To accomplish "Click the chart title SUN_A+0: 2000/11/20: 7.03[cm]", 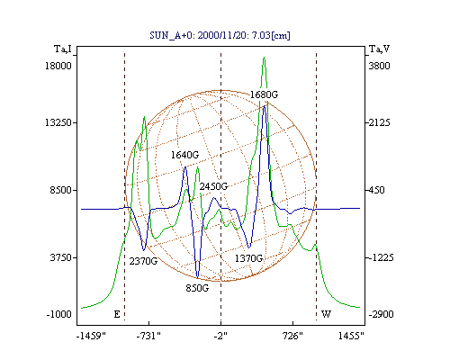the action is pyautogui.click(x=220, y=35).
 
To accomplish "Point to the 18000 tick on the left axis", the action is pyautogui.click(x=58, y=66).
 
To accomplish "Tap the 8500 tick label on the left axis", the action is pyautogui.click(x=61, y=190).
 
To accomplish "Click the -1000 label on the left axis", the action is pyautogui.click(x=59, y=314).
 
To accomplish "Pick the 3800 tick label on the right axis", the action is pyautogui.click(x=379, y=66).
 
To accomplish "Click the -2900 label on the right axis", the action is pyautogui.click(x=381, y=314).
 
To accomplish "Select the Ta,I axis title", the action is pyautogui.click(x=63, y=49).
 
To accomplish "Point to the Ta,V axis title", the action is pyautogui.click(x=379, y=49).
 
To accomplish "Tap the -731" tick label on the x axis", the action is pyautogui.click(x=148, y=336).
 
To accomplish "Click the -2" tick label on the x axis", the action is pyautogui.click(x=220, y=336).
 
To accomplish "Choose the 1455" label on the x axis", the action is pyautogui.click(x=351, y=336).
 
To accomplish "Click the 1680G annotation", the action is pyautogui.click(x=264, y=94).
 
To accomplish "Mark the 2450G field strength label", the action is pyautogui.click(x=213, y=186).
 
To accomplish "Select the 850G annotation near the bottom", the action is pyautogui.click(x=197, y=288).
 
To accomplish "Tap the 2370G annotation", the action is pyautogui.click(x=143, y=261).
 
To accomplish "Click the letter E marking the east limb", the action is pyautogui.click(x=117, y=314).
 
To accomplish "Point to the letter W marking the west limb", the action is pyautogui.click(x=326, y=314).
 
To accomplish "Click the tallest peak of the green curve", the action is pyautogui.click(x=264, y=58).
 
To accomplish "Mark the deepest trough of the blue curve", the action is pyautogui.click(x=197, y=277).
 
